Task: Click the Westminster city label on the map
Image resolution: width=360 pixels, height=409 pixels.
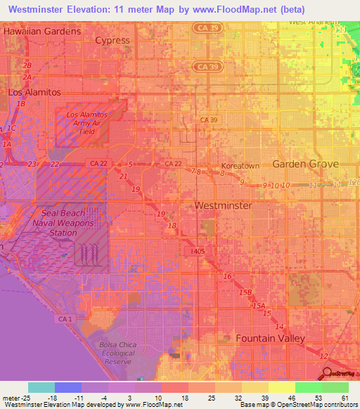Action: (222, 206)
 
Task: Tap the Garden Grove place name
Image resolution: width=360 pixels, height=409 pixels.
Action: (305, 164)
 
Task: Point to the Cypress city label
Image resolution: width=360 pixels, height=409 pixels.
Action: (112, 40)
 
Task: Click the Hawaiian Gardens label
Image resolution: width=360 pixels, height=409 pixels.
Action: (42, 32)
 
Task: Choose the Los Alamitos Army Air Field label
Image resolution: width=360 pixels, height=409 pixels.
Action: (86, 122)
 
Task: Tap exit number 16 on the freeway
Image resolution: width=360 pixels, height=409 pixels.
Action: (227, 276)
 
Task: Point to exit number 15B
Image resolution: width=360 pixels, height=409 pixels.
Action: (245, 292)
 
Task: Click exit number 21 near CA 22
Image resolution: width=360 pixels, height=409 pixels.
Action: (124, 176)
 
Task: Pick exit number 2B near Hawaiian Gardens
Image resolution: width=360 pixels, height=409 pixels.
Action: (27, 65)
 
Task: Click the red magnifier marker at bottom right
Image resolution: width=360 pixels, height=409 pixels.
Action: (326, 373)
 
